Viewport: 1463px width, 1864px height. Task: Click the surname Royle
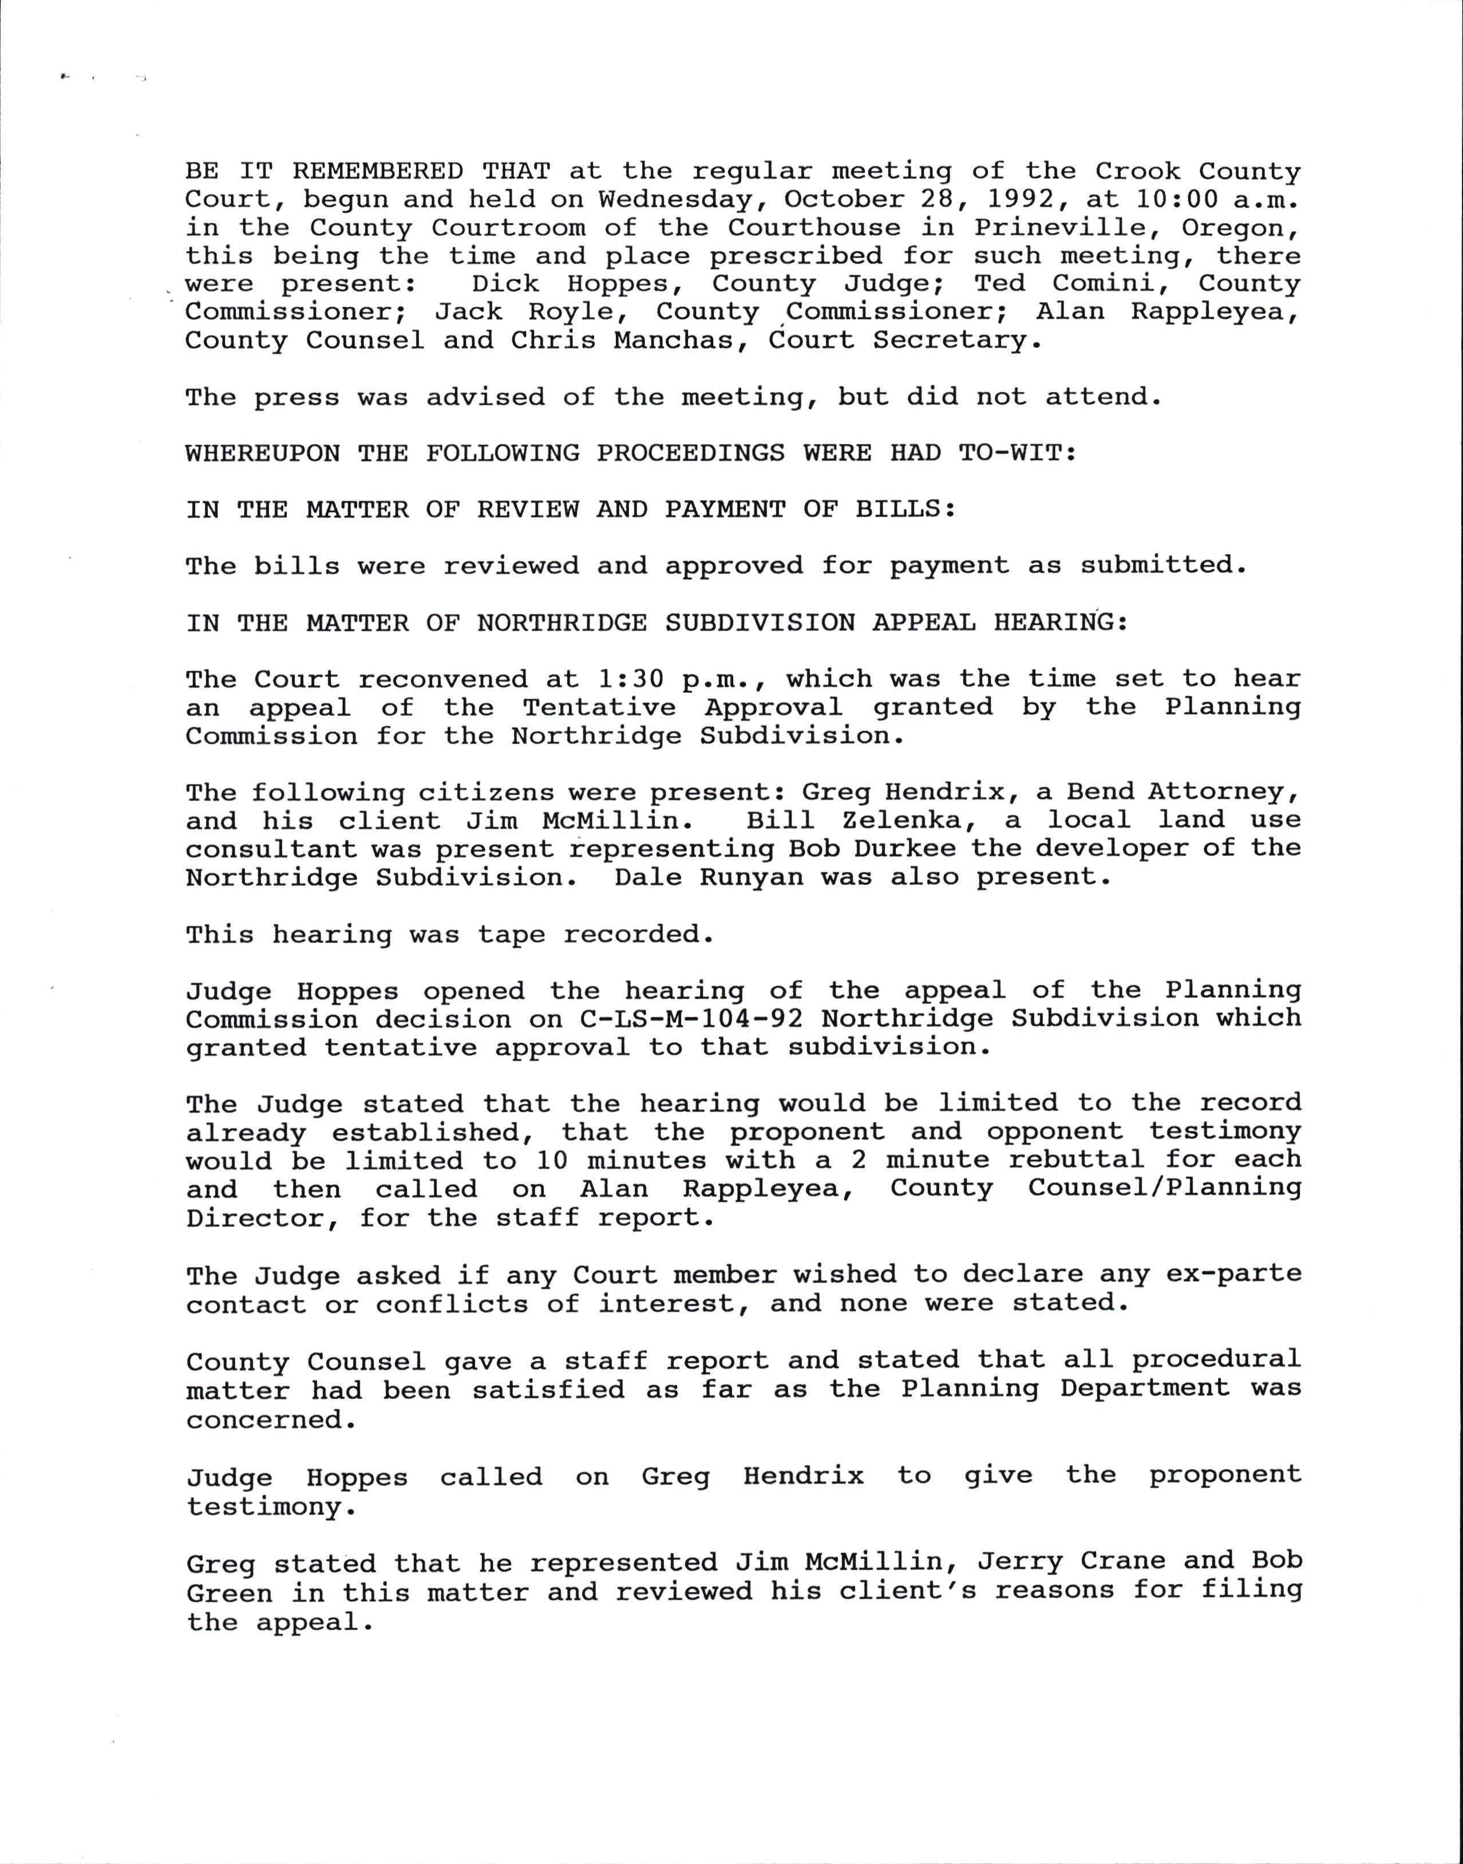[571, 312]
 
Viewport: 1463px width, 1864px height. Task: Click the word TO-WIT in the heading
[1016, 453]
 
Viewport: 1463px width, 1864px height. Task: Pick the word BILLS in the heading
[904, 509]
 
